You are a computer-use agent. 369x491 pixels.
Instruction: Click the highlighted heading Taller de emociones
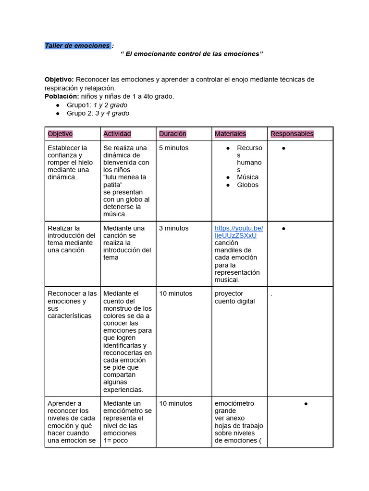[77, 46]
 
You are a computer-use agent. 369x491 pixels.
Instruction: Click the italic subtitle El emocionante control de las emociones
[192, 54]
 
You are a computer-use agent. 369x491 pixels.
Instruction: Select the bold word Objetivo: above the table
[59, 79]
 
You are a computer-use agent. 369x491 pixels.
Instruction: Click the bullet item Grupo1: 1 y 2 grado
[97, 105]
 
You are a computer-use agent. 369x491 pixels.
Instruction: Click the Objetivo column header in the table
[60, 134]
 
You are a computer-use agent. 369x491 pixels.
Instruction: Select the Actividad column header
[117, 134]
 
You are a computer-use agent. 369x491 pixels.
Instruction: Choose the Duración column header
[172, 134]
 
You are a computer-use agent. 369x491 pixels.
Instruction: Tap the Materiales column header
[230, 134]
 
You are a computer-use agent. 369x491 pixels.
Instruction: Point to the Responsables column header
[292, 134]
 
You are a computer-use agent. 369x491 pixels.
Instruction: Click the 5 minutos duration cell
[173, 148]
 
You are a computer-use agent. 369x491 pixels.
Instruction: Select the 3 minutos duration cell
[173, 228]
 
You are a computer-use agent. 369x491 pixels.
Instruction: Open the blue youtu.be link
[238, 232]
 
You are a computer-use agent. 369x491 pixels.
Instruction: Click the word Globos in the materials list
[247, 185]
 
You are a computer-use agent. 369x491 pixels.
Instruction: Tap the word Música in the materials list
[247, 177]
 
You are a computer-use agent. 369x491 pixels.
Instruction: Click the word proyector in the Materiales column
[229, 293]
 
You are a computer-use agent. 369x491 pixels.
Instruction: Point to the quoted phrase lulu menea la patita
[124, 181]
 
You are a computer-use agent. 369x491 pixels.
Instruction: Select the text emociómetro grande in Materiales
[234, 407]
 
